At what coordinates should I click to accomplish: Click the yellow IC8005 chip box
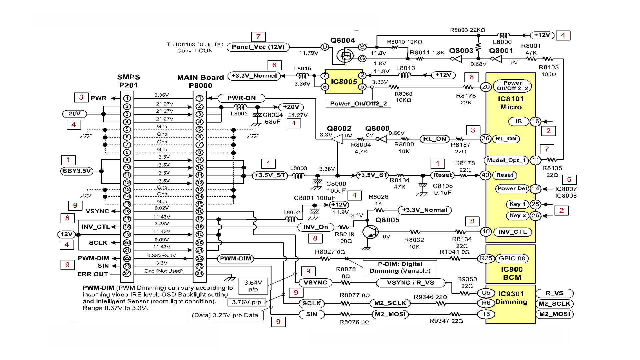(344, 82)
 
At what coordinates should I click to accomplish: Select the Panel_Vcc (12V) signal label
(258, 47)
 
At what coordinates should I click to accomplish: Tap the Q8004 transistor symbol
(345, 55)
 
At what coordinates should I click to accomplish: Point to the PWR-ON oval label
(241, 98)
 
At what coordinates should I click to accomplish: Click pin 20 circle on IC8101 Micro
(486, 87)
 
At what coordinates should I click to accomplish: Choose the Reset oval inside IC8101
(505, 175)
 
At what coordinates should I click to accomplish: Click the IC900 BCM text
(512, 273)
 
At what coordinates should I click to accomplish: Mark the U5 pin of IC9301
(486, 293)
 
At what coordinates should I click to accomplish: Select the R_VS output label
(554, 293)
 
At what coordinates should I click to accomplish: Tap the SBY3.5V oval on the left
(77, 171)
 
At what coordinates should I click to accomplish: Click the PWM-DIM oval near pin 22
(235, 258)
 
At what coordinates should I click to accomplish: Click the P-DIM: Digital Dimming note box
(400, 267)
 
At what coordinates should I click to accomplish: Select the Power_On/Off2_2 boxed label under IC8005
(358, 104)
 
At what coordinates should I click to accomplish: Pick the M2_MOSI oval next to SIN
(390, 314)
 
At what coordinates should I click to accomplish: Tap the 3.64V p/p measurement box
(253, 286)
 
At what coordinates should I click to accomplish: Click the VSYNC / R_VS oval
(410, 283)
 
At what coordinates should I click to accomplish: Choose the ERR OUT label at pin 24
(93, 274)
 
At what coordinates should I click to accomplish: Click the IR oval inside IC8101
(519, 121)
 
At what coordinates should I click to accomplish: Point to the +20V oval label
(291, 107)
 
